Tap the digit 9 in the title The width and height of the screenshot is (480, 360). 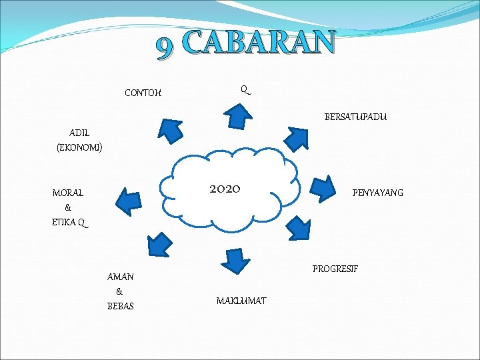[164, 45]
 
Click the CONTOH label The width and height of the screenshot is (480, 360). [143, 93]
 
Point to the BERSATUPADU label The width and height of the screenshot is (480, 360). [355, 117]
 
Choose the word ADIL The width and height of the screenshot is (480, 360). [79, 133]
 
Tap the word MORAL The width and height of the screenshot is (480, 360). [68, 193]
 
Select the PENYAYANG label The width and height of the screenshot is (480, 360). [377, 193]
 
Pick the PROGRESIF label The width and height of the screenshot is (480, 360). [335, 269]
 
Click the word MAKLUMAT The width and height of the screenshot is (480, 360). [241, 301]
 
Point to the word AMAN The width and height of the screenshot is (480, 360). [120, 277]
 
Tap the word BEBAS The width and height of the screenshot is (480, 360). [120, 306]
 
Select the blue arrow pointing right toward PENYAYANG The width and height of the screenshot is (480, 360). [324, 187]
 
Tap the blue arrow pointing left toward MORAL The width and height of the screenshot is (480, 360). [127, 198]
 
